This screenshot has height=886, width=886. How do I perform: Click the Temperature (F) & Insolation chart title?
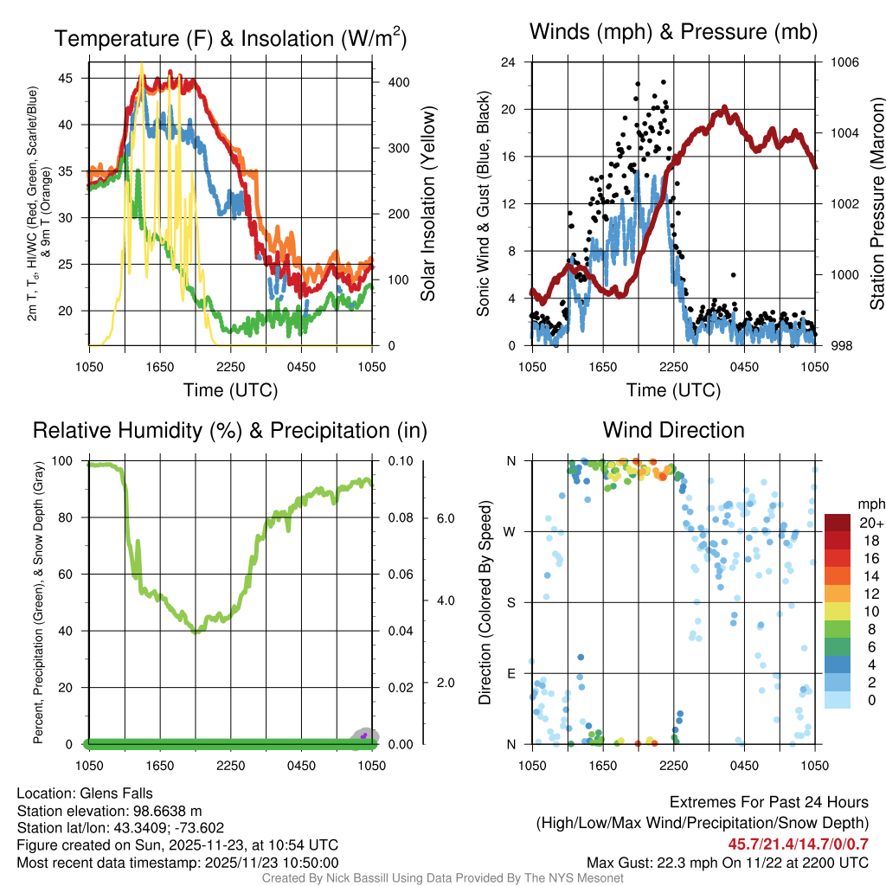230,39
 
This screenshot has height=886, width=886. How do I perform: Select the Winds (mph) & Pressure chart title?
673,32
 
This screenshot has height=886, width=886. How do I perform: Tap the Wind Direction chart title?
673,430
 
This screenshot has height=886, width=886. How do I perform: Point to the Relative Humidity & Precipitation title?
229,430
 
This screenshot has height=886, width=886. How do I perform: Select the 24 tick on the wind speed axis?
509,62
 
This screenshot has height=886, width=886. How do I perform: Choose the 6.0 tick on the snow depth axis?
445,518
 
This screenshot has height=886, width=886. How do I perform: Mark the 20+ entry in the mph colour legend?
869,523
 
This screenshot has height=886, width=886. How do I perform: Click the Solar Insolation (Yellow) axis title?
428,204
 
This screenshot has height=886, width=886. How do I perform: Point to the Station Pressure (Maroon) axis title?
876,204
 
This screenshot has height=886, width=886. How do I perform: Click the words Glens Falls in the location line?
116,793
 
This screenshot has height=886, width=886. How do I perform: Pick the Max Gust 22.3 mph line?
727,862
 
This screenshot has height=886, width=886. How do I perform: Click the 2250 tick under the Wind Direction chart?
673,766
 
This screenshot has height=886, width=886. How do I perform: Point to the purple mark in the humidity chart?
364,735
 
